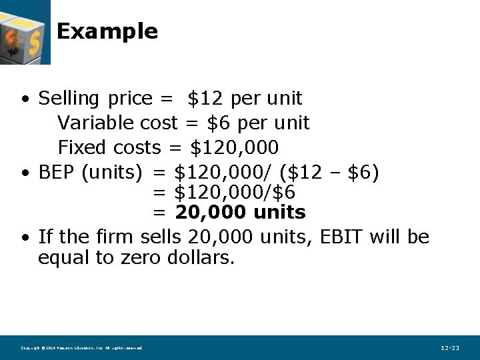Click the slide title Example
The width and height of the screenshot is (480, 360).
click(x=107, y=31)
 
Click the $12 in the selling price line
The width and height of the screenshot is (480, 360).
click(x=205, y=99)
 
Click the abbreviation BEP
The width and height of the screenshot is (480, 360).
click(x=57, y=173)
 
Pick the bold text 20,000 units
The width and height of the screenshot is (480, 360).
click(x=240, y=213)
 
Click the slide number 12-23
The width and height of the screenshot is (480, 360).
click(x=450, y=347)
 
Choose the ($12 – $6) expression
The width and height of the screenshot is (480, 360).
click(x=329, y=173)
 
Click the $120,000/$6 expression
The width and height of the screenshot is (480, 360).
click(x=234, y=193)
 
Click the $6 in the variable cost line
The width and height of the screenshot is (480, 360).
click(x=219, y=123)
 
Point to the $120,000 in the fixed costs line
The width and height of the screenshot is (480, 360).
click(x=234, y=147)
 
